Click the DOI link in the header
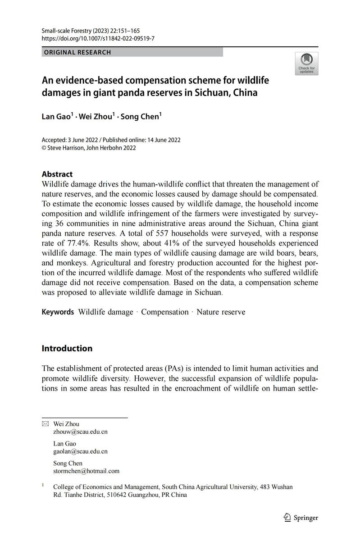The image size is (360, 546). coord(98,38)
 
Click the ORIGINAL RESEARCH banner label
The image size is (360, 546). coord(77,52)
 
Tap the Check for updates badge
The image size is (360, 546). coord(306,63)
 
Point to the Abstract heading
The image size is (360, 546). coord(57,174)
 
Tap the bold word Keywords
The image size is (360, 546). coord(58,312)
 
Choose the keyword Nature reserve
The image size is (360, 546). coord(221,312)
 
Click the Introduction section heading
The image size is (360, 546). coord(67,348)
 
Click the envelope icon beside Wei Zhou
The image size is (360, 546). coord(45,424)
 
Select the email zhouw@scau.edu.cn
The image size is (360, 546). coord(80,432)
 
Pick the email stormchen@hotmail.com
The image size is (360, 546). coord(86,471)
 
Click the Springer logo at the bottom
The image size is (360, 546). coord(301,518)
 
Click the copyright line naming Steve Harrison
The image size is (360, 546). coord(89,148)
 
